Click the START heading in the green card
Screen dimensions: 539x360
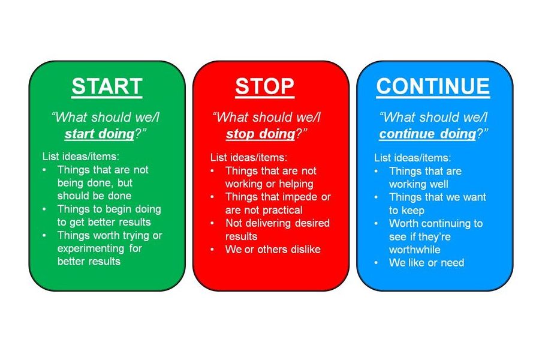pyautogui.click(x=107, y=86)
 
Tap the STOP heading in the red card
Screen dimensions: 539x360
pyautogui.click(x=264, y=86)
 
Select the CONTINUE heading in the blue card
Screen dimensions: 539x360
pyautogui.click(x=433, y=86)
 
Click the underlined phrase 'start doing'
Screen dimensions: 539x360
pyautogui.click(x=100, y=134)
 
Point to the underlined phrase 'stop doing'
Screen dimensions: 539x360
pyautogui.click(x=261, y=134)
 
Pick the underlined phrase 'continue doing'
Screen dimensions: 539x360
pyautogui.click(x=427, y=134)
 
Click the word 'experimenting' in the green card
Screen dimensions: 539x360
pyautogui.click(x=91, y=248)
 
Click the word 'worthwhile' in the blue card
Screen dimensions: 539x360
pyautogui.click(x=414, y=250)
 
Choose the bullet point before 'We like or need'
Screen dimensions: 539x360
pyautogui.click(x=376, y=263)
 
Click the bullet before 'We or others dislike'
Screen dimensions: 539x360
pyautogui.click(x=212, y=250)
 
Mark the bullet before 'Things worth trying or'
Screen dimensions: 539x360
pyautogui.click(x=44, y=235)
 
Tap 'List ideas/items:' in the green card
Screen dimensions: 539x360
pyautogui.click(x=81, y=157)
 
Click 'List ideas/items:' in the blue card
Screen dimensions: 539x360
pyautogui.click(x=412, y=158)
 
